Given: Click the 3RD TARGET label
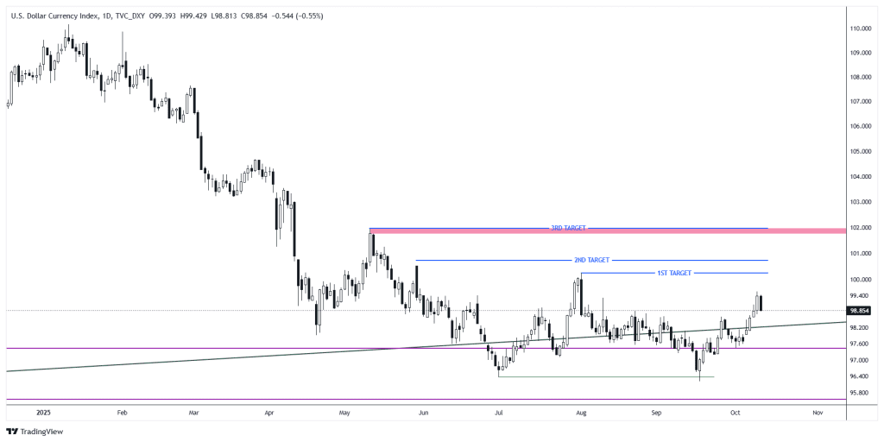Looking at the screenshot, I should click(x=568, y=228).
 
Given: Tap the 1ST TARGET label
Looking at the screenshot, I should click(x=675, y=273).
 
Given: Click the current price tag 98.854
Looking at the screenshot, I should click(x=859, y=310).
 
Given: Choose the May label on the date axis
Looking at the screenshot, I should click(x=344, y=414).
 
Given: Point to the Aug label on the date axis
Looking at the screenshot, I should click(x=580, y=414).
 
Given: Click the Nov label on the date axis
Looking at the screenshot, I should click(x=817, y=414).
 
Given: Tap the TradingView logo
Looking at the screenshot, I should click(x=35, y=431).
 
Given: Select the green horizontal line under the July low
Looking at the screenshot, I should click(x=604, y=376).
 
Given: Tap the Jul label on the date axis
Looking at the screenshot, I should click(x=500, y=414).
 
